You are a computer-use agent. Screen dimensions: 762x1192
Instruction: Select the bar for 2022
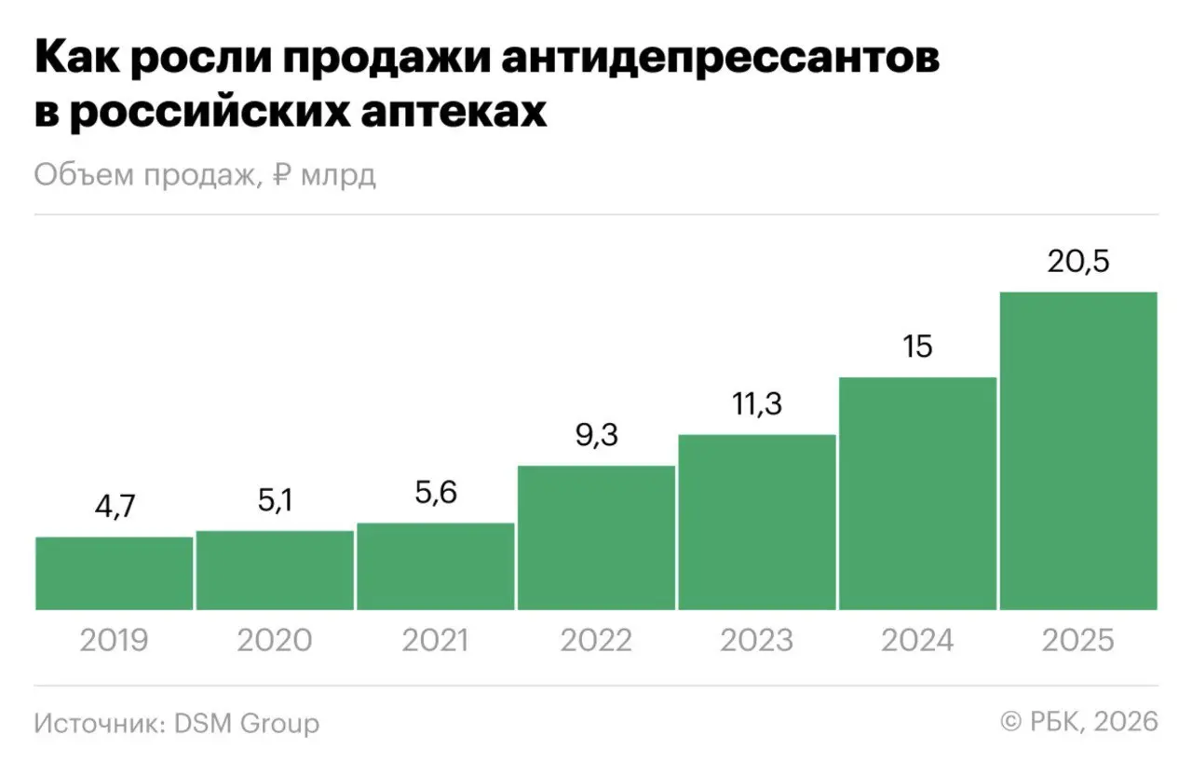[x=596, y=537]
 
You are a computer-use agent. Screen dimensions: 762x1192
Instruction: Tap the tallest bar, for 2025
[x=1078, y=451]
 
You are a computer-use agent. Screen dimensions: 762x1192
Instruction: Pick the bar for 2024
[x=917, y=494]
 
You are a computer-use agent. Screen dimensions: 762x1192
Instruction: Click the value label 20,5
[x=1078, y=263]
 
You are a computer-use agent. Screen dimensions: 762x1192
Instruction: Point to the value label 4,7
[x=114, y=509]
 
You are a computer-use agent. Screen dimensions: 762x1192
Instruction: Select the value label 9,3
[x=596, y=436]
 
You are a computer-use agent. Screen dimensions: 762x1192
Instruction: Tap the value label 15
[x=917, y=347]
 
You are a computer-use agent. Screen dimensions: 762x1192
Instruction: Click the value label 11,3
[x=756, y=405]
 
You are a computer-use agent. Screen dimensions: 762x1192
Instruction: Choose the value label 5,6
[x=436, y=494]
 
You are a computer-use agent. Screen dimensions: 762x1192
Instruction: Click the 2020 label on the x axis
[x=275, y=641]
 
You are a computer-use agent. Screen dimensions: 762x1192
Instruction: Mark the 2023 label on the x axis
[x=756, y=641]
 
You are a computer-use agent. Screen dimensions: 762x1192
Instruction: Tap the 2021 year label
[x=436, y=641]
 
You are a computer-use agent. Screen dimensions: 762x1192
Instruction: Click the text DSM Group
[x=247, y=723]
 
